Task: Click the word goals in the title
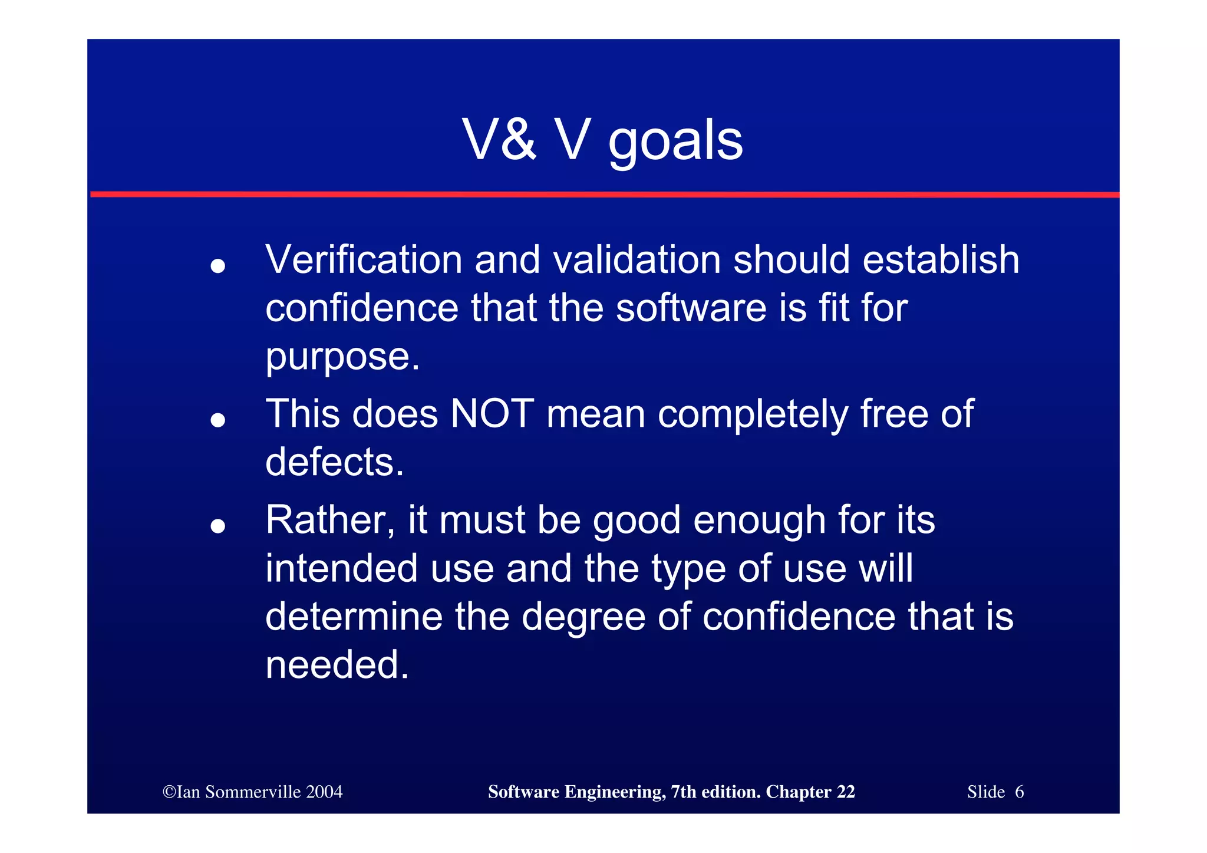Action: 675,141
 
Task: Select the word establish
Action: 941,260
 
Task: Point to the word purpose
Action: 342,358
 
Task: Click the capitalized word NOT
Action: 492,414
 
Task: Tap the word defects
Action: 334,462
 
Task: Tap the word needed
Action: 337,666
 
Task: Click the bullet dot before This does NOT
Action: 218,420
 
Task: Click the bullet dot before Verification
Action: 218,266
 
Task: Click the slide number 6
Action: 1019,792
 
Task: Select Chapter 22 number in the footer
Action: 846,792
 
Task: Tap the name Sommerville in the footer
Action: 253,792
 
